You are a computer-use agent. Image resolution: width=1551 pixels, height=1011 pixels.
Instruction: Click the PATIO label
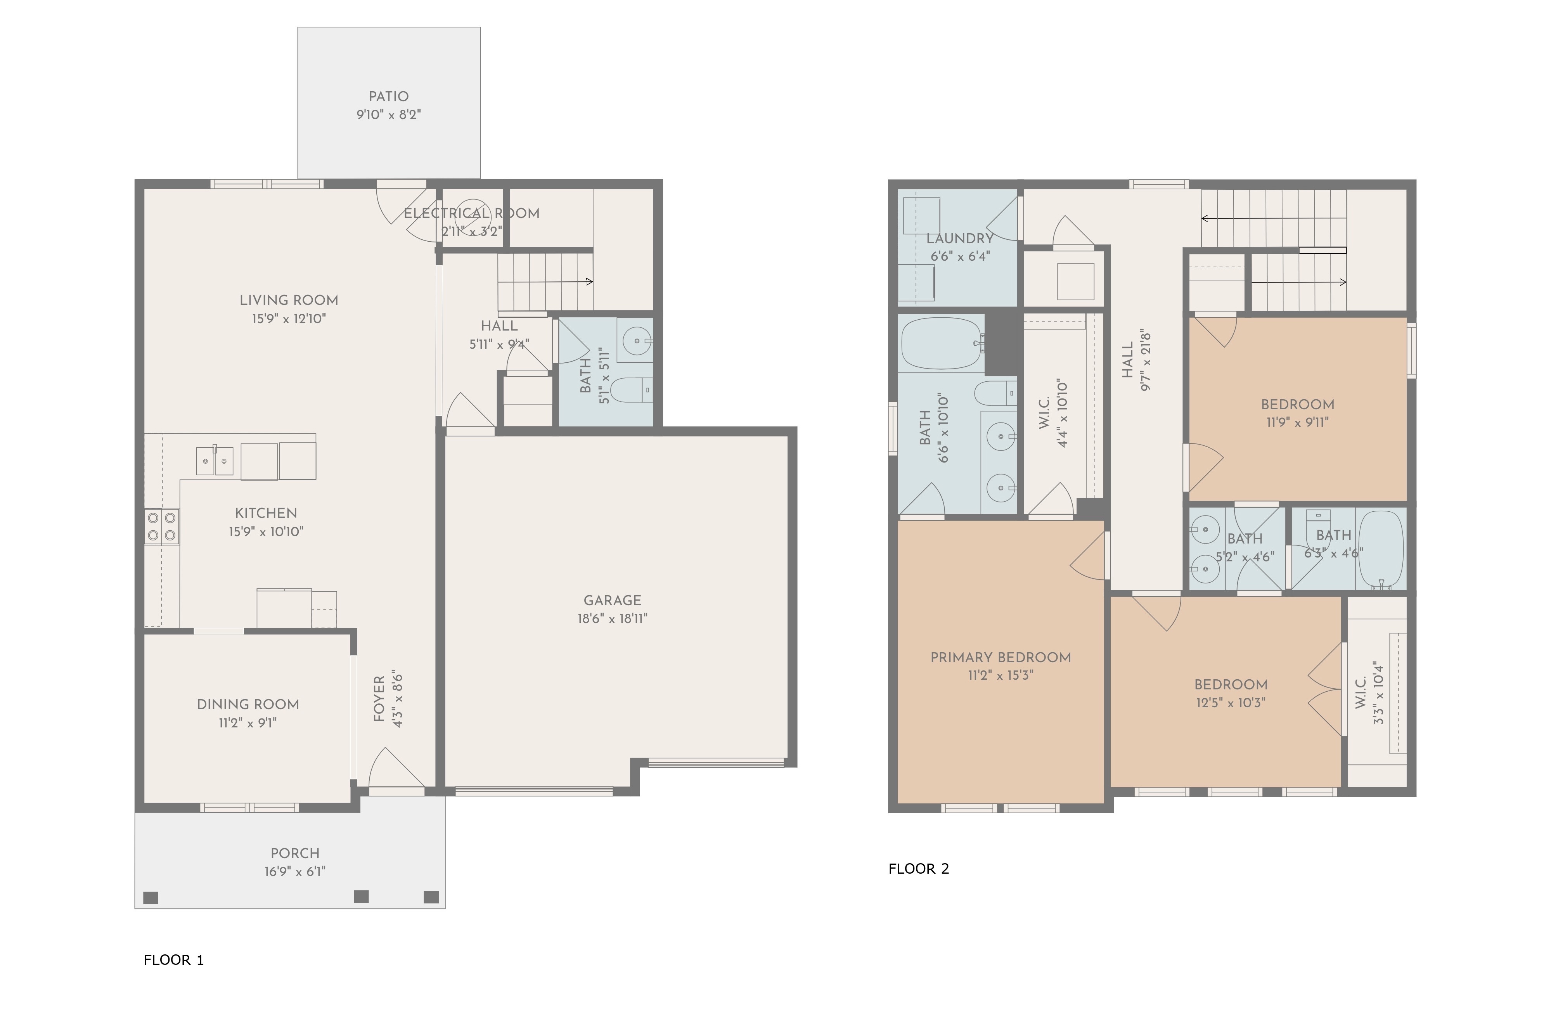point(389,97)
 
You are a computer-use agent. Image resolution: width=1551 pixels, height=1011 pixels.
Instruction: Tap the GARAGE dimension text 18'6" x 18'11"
point(613,619)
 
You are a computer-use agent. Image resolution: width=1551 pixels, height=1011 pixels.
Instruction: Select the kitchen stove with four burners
point(162,527)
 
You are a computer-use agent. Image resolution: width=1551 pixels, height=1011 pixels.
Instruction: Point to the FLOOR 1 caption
point(174,960)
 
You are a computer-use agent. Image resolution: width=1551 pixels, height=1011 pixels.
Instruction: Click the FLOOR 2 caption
point(919,869)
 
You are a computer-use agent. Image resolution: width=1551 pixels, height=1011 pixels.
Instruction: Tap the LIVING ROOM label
point(289,301)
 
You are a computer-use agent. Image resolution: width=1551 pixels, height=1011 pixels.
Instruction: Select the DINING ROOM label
point(248,705)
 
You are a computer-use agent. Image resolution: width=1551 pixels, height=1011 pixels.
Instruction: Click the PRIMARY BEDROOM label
point(1001,658)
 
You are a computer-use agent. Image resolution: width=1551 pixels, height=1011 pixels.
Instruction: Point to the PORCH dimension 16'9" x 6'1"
point(295,871)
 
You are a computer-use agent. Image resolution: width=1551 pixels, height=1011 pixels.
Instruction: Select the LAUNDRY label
point(960,239)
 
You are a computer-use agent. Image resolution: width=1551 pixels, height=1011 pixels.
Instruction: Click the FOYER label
point(379,699)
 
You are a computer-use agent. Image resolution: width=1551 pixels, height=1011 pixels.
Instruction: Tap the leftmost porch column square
point(151,898)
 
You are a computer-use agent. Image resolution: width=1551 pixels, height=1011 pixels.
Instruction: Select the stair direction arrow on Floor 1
point(545,282)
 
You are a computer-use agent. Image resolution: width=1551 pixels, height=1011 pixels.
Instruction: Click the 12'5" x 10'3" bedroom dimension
point(1231,703)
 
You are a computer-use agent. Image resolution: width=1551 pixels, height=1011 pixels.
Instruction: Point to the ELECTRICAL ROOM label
point(472,213)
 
